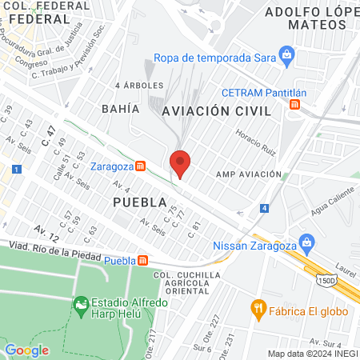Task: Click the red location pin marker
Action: click(181, 163)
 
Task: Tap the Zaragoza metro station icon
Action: click(141, 166)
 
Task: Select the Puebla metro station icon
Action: click(143, 260)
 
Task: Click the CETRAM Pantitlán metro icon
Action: click(296, 104)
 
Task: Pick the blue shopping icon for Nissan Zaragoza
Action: click(306, 242)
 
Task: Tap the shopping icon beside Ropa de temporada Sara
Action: click(287, 56)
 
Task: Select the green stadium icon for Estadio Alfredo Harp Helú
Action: click(80, 304)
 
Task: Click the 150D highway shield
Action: click(326, 281)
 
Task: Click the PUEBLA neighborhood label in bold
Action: click(139, 202)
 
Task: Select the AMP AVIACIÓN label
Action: click(248, 174)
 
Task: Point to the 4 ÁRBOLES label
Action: click(139, 85)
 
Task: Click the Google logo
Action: click(26, 350)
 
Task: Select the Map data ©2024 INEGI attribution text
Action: click(312, 354)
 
